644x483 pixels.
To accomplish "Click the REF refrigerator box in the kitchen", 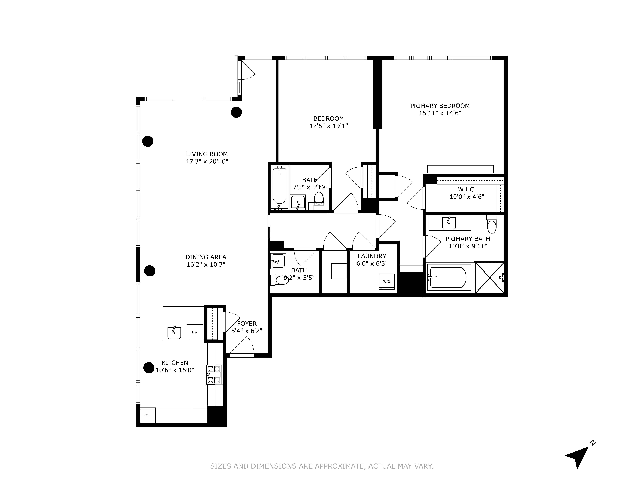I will point(148,415).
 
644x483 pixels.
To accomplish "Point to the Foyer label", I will point(247,324).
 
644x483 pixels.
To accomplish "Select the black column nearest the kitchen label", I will point(149,368).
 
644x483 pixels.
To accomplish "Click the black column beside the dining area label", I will point(150,271).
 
